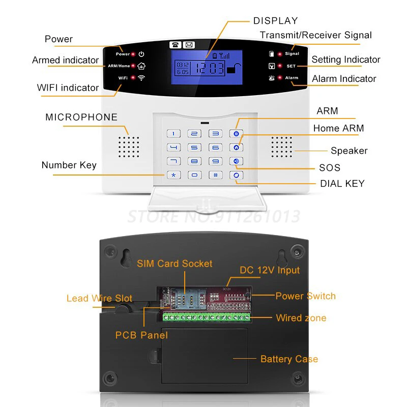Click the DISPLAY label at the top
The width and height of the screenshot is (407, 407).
pos(275,21)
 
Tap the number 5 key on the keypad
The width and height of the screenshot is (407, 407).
pos(194,148)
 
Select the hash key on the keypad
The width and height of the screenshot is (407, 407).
pos(216,175)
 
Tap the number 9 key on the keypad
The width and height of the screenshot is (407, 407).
pos(216,161)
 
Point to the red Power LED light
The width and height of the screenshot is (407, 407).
pos(133,54)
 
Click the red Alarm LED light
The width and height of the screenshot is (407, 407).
pos(280,78)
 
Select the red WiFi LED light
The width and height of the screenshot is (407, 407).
pos(133,78)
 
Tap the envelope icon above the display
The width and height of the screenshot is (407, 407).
pos(189,45)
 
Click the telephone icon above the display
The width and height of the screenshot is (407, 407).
pos(176,45)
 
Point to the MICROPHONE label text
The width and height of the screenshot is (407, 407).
pos(81,118)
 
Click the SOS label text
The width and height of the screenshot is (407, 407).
pos(330,168)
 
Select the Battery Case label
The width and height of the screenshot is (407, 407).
pos(289,359)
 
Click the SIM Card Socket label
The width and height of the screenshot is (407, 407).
pos(175,264)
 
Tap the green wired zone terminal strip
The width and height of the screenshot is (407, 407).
pos(206,318)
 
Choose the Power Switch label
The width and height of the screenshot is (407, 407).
pos(305,296)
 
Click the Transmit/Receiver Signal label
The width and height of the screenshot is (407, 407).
pos(315,35)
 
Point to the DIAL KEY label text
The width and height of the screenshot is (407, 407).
pos(342,184)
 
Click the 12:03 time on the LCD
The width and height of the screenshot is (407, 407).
pos(209,68)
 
